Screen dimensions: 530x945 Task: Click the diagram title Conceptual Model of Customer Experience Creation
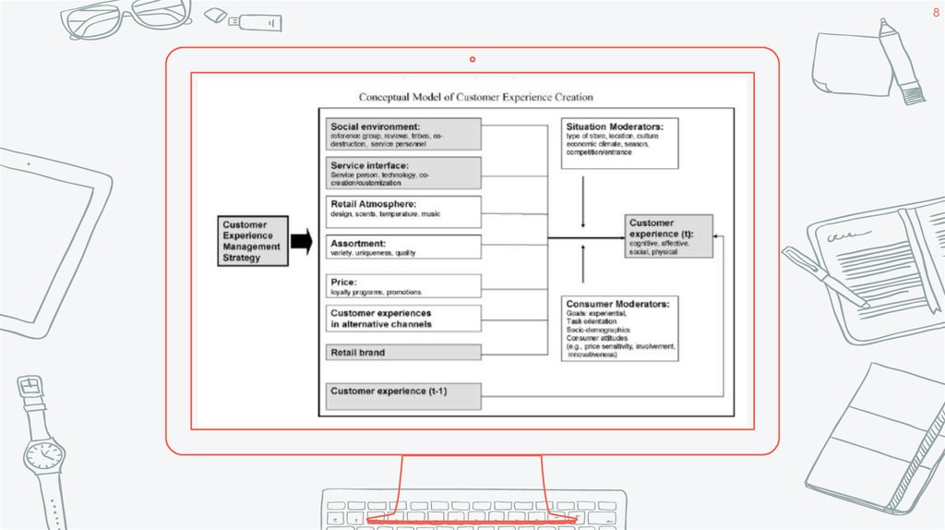tap(475, 97)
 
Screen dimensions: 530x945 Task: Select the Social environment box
tap(403, 135)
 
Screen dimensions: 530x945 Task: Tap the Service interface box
tap(403, 173)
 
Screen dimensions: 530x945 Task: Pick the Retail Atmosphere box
tap(403, 211)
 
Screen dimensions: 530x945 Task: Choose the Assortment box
tap(403, 247)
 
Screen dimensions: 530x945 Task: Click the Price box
tap(403, 286)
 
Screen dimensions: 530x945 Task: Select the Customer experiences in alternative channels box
tap(403, 319)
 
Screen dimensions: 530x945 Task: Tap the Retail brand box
tap(403, 352)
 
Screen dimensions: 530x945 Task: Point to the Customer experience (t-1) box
tap(403, 395)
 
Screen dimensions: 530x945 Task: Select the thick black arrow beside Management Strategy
tap(302, 242)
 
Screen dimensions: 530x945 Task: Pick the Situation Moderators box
tap(620, 143)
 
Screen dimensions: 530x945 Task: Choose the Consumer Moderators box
tap(620, 328)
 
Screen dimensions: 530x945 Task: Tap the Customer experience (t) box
tap(669, 236)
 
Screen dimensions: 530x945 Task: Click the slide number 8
tap(935, 13)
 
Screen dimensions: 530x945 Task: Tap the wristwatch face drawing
tap(42, 454)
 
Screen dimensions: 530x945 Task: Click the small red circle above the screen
tap(472, 59)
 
